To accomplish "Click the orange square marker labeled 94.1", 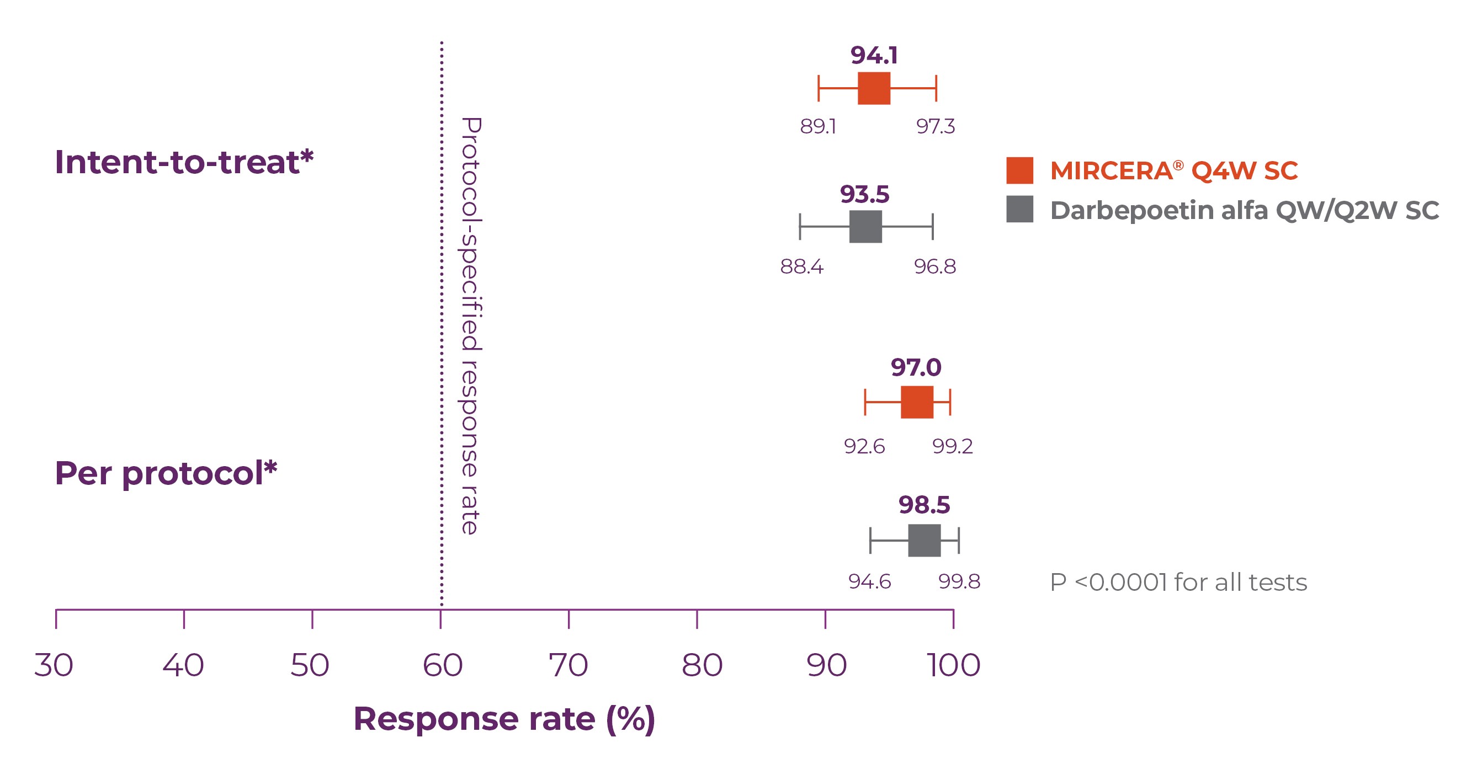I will [874, 88].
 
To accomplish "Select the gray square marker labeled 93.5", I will [865, 226].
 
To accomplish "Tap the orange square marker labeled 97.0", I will [917, 402].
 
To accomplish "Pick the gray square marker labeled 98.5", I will [925, 540].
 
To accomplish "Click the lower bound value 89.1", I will [818, 126].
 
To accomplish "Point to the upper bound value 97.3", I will [935, 126].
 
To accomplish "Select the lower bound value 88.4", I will [801, 266].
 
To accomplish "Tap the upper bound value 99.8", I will [959, 582].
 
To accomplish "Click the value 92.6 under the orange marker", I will [864, 446].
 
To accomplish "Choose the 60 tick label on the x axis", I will [442, 665].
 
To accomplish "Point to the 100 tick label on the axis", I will [954, 665].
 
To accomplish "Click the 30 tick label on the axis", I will [54, 665].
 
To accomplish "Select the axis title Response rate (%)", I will [504, 719].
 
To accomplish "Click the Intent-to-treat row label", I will [184, 162].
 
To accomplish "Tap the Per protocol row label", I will [166, 473].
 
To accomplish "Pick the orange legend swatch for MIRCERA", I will [1019, 170].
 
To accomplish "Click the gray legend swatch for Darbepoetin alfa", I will [1019, 209].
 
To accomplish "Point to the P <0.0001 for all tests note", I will [1178, 583].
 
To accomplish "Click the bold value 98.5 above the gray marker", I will [925, 505].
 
